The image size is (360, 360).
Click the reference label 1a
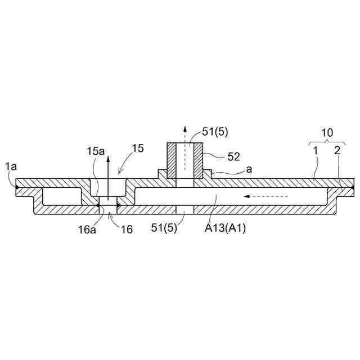[11, 166]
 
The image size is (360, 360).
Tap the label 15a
[96, 151]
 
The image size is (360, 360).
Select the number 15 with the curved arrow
[138, 148]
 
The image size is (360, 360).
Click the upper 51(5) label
[215, 132]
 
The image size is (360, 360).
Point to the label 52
[234, 157]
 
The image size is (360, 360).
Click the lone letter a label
[249, 169]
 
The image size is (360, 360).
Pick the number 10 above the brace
[327, 133]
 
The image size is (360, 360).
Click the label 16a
[87, 229]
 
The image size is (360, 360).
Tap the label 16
[127, 229]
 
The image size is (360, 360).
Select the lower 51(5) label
[164, 228]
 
